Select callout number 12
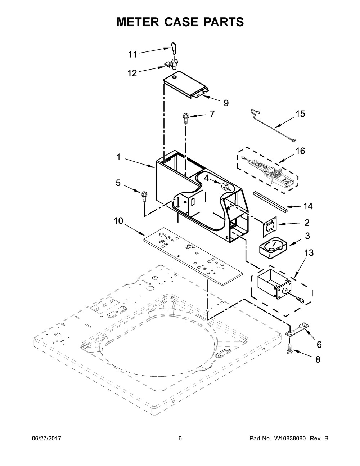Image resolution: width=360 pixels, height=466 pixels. (x=132, y=73)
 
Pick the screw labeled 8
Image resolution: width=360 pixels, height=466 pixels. (x=289, y=350)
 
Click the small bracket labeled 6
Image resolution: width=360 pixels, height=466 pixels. (x=297, y=329)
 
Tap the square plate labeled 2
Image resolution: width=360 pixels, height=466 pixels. (x=270, y=227)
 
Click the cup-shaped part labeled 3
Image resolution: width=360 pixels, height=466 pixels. (x=273, y=247)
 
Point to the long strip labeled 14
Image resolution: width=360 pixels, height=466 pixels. (x=270, y=201)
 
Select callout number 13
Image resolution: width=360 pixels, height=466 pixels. (x=309, y=253)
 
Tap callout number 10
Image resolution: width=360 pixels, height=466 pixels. (x=118, y=221)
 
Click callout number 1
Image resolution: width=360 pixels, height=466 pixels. (x=118, y=157)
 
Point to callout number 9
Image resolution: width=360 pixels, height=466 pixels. (x=226, y=103)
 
